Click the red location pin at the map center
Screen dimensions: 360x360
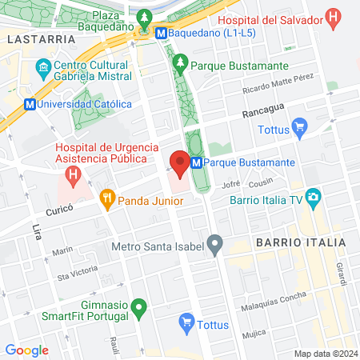pos(180,163)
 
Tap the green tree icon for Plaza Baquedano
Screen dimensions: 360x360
pos(145,17)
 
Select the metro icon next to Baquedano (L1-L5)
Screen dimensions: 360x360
pos(162,34)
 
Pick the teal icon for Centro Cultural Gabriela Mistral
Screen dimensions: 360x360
pos(45,71)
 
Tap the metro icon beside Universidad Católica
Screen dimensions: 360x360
pos(30,103)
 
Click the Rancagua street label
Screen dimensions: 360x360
pos(260,114)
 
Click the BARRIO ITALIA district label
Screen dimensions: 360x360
pos(300,241)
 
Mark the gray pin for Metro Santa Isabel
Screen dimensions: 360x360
pos(214,242)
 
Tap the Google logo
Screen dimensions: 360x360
pos(26,350)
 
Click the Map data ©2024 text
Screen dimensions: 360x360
pos(324,354)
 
